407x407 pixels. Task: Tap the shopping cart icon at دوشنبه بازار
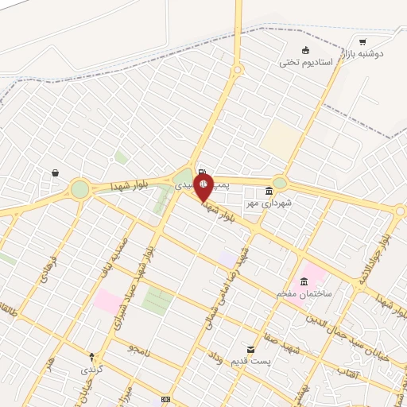[x=362, y=41]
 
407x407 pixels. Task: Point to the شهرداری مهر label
[x=269, y=203]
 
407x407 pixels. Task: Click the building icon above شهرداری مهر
[x=269, y=192]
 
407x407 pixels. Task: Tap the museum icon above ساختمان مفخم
[x=304, y=281]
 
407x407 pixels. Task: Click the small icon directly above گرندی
[x=91, y=357]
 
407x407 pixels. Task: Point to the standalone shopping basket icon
[x=55, y=172]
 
